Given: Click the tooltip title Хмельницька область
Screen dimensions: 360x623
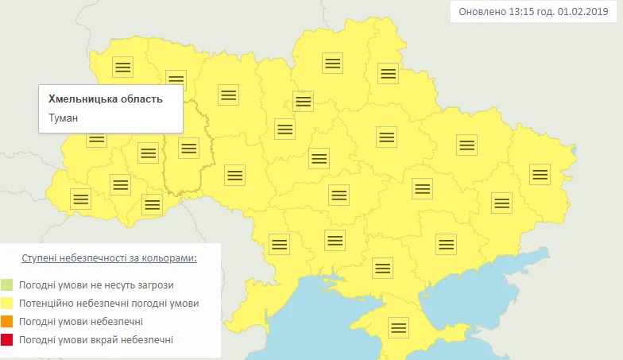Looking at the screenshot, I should (x=106, y=99).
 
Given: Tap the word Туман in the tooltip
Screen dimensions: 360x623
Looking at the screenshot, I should (x=65, y=118).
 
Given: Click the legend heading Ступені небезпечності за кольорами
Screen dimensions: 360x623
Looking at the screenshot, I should (x=109, y=259).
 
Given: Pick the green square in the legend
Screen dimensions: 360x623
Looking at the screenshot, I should (x=7, y=285).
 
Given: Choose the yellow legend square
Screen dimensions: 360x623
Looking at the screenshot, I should (x=7, y=303).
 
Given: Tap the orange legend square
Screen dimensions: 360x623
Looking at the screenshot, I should (x=7, y=321).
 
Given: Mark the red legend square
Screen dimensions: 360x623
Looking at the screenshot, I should (x=7, y=339).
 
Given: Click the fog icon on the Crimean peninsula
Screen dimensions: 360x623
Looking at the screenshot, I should (x=398, y=327).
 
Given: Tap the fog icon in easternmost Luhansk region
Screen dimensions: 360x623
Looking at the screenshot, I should (x=540, y=173).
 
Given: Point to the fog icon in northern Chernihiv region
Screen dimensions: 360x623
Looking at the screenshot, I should (x=332, y=63).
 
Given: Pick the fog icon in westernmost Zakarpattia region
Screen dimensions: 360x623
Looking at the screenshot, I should (x=80, y=199).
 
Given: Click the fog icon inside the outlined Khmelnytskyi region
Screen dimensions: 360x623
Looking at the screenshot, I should (x=188, y=148).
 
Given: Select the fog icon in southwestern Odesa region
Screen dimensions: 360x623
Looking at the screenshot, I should (x=279, y=243).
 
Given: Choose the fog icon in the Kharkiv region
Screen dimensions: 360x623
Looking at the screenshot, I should (x=466, y=145).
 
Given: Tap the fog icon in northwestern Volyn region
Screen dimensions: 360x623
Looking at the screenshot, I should (x=122, y=66).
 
